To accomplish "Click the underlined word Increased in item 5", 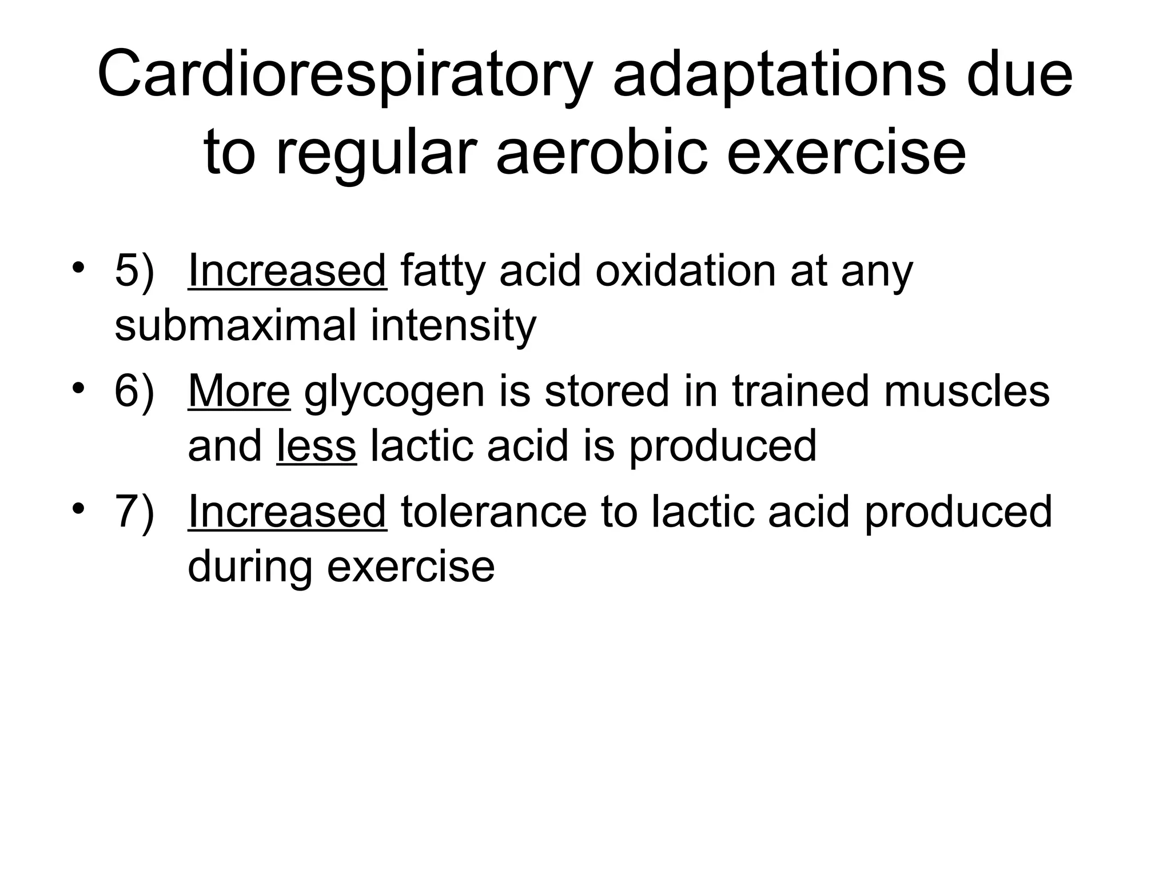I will (x=287, y=271).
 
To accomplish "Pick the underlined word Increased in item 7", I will (x=287, y=512).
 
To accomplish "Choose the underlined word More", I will (x=239, y=392).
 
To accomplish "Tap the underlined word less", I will (x=316, y=446).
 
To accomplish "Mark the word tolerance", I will (x=493, y=512).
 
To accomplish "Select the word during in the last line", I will (x=250, y=567).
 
